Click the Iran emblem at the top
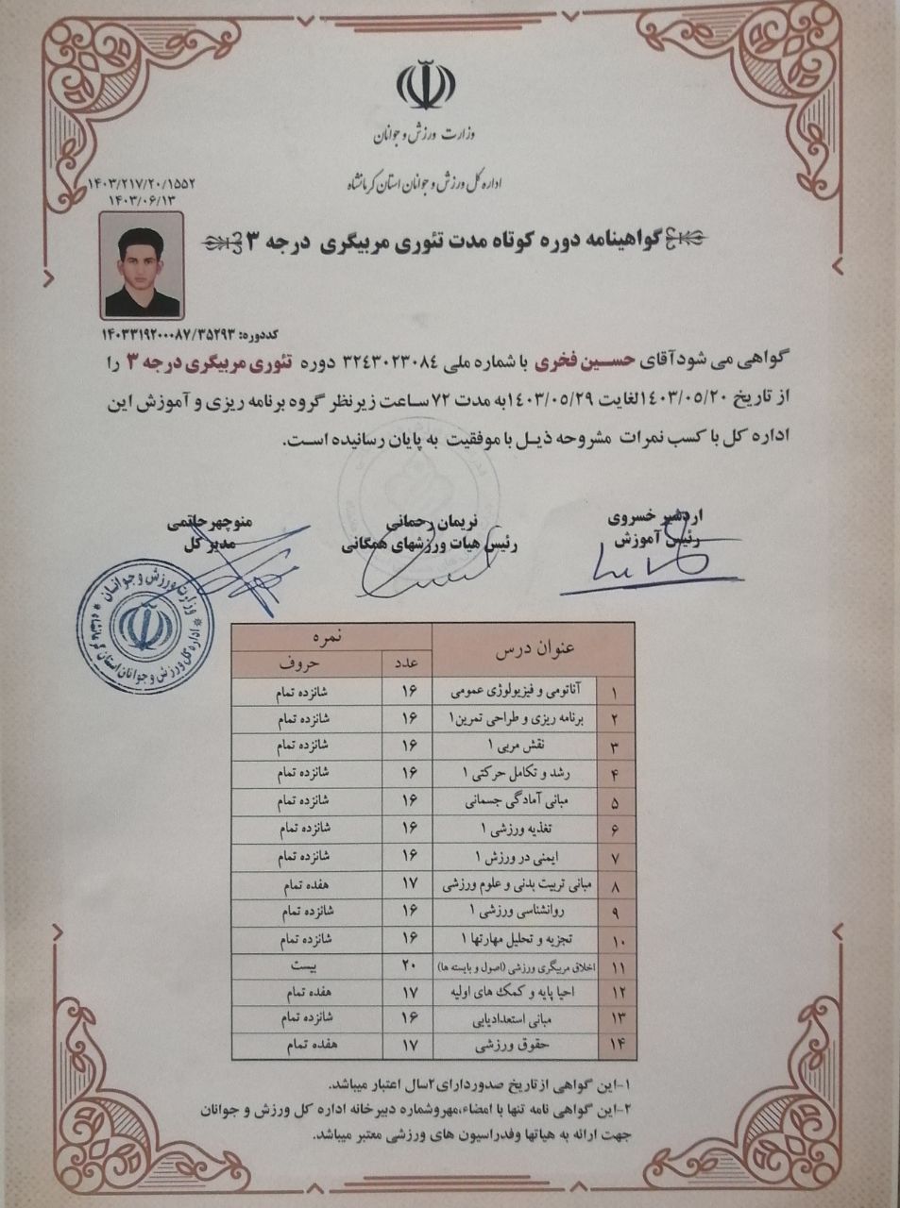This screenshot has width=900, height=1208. click(423, 86)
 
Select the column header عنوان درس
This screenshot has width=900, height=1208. click(535, 649)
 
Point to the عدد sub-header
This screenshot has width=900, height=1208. click(408, 663)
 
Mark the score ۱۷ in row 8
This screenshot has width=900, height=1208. click(408, 885)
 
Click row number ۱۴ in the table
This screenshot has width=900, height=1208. click(618, 1046)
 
